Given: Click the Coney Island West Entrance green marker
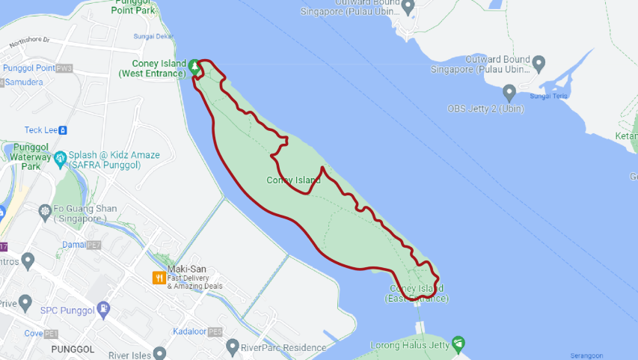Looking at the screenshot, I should (x=194, y=67).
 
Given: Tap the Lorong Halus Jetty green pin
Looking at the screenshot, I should (x=458, y=344).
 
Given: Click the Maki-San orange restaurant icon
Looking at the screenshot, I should (x=159, y=278).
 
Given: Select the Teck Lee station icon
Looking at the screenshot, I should (x=63, y=129).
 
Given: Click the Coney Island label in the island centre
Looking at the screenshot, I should (x=293, y=180).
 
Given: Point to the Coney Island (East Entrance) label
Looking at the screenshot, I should (x=417, y=293).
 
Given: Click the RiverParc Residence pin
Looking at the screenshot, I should (x=233, y=347).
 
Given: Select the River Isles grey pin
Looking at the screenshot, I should (x=159, y=354).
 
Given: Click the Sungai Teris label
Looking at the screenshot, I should (x=550, y=96).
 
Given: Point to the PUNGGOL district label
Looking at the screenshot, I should (x=73, y=350).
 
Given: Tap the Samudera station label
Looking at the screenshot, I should (x=24, y=82).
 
